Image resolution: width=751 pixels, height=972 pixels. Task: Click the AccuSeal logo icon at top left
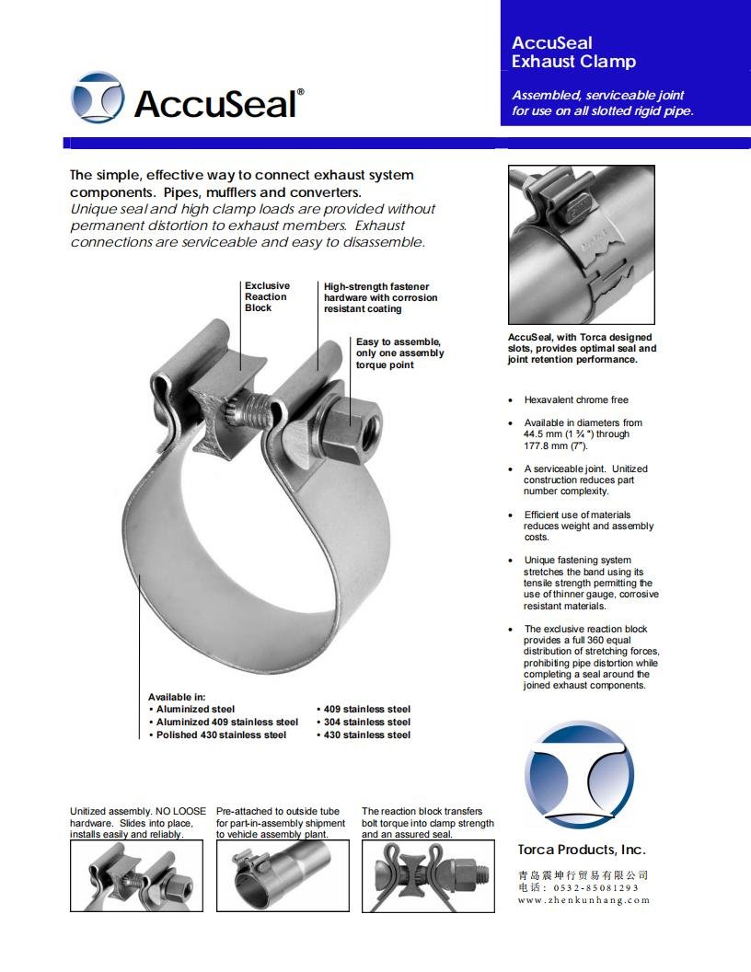pyautogui.click(x=98, y=98)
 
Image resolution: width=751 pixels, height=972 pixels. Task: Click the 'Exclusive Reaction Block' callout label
pyautogui.click(x=266, y=296)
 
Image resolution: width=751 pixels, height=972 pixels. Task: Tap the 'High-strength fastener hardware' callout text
pyautogui.click(x=380, y=297)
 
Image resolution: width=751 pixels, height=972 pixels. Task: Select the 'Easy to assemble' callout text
pyautogui.click(x=399, y=353)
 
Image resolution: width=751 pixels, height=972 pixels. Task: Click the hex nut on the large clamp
pyautogui.click(x=356, y=427)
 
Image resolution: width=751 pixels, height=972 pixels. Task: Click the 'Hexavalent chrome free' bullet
pyautogui.click(x=576, y=400)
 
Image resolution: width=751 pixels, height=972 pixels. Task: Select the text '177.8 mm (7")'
pyautogui.click(x=556, y=445)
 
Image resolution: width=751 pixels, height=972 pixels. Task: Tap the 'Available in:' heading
pyautogui.click(x=177, y=697)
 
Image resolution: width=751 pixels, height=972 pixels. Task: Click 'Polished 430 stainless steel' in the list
pyautogui.click(x=221, y=735)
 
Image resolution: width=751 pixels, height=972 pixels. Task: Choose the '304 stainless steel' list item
pyautogui.click(x=366, y=722)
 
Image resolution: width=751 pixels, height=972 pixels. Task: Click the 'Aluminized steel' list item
pyautogui.click(x=195, y=709)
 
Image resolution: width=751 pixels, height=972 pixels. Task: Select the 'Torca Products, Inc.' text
pyautogui.click(x=581, y=850)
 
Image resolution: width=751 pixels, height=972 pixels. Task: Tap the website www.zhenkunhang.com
pyautogui.click(x=583, y=900)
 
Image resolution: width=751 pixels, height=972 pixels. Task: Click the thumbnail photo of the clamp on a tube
pyautogui.click(x=283, y=874)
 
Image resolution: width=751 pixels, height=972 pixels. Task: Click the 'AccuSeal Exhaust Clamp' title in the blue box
pyautogui.click(x=573, y=52)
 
